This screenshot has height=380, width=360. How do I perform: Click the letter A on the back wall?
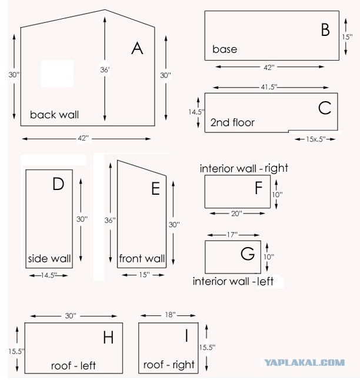click(x=137, y=48)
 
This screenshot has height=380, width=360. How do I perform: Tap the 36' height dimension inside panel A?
click(x=105, y=70)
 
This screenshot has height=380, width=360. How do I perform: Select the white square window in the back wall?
click(x=57, y=74)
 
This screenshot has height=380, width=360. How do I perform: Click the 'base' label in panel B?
click(x=225, y=49)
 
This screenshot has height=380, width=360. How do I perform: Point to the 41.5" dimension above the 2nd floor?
click(x=269, y=87)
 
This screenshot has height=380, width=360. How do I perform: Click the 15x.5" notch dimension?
click(x=315, y=139)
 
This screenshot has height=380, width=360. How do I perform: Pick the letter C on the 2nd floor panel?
click(x=325, y=108)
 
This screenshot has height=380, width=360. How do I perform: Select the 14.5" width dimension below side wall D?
click(x=49, y=275)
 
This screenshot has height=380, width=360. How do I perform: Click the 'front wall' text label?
click(x=142, y=258)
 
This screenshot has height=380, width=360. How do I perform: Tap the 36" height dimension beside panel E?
click(x=110, y=220)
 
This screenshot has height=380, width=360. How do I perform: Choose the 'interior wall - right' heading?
click(x=244, y=168)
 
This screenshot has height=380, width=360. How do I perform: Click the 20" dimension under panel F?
click(x=236, y=214)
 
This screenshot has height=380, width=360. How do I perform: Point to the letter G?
click(x=248, y=254)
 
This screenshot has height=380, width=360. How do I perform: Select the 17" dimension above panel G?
click(x=232, y=235)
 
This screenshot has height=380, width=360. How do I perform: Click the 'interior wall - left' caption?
click(x=233, y=281)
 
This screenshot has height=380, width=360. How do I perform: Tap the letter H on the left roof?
click(x=108, y=337)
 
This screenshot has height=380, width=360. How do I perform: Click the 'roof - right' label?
click(x=169, y=365)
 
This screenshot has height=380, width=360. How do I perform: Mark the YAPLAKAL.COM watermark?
click(x=304, y=363)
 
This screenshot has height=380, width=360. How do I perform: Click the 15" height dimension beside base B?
click(x=347, y=37)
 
